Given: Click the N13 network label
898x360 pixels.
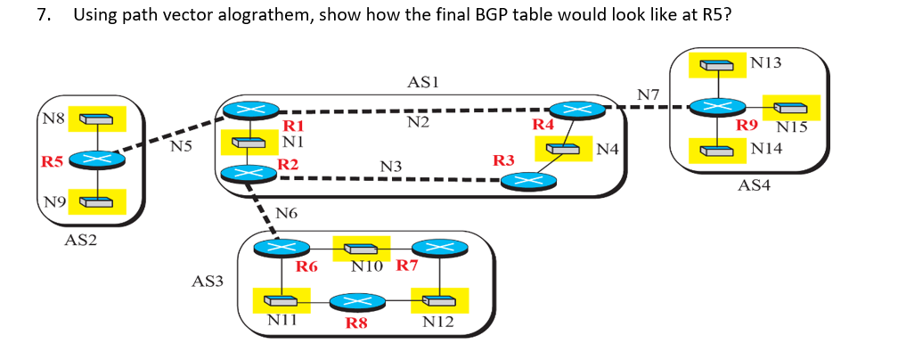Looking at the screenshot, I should pyautogui.click(x=765, y=63).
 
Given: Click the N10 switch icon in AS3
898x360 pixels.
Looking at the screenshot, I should pyautogui.click(x=365, y=249).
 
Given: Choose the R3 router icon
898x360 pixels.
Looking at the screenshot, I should pyautogui.click(x=527, y=181).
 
